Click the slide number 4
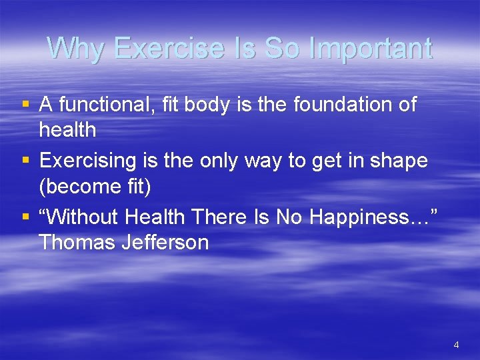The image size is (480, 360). [456, 345]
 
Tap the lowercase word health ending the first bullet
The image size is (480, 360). [67, 130]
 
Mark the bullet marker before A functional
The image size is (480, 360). [25, 105]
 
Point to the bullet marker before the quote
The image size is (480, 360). [25, 217]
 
